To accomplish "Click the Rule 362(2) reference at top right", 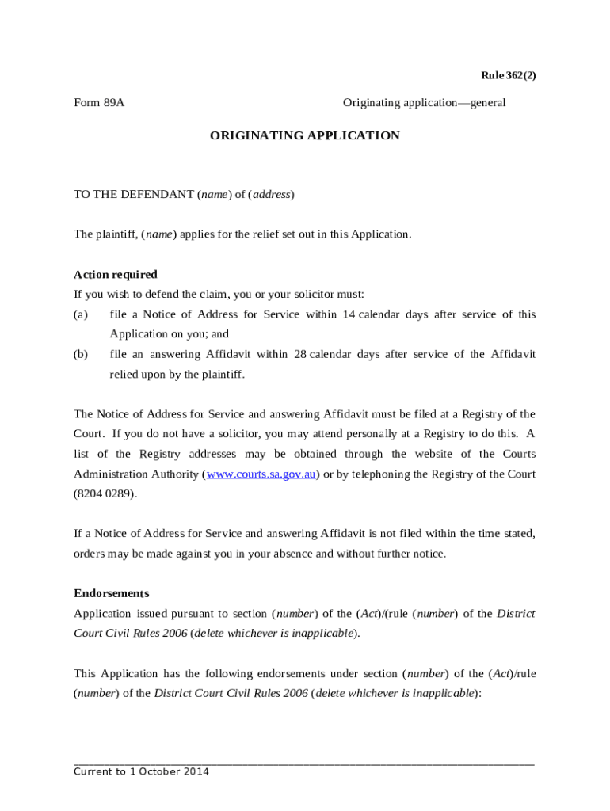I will click(x=509, y=75).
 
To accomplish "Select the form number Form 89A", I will click(x=99, y=103).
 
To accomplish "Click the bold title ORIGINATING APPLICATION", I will click(x=304, y=135).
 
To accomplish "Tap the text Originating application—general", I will click(x=424, y=103).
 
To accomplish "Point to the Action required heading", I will click(x=116, y=275).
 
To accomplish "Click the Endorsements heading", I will click(x=111, y=593).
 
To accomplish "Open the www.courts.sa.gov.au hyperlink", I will click(x=261, y=474).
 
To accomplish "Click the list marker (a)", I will click(x=81, y=314).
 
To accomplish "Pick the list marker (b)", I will click(x=81, y=354).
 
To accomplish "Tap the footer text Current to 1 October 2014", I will click(x=141, y=772).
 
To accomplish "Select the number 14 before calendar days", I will click(x=349, y=314).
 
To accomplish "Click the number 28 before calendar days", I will click(x=299, y=354).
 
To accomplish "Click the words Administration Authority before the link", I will click(x=137, y=474).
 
